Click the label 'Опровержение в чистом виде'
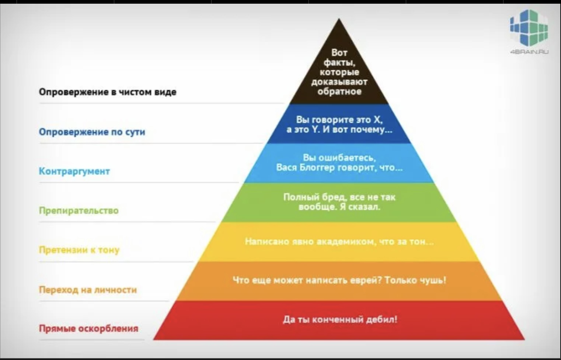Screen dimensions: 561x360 pos(108,92)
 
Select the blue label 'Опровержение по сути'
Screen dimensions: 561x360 pos(92,132)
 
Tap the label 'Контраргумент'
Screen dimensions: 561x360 pos(74,171)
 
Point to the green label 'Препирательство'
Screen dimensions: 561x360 pos(79,210)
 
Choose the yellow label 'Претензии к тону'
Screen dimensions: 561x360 pos(79,250)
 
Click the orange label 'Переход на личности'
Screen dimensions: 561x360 pos(88,290)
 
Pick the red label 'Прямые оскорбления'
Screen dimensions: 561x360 pos(89,328)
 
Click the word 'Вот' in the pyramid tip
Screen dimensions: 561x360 pos(339,53)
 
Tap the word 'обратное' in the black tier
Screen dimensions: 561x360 pos(339,91)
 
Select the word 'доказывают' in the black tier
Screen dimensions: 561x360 pos(339,82)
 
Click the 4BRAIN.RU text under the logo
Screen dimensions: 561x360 pos(529,52)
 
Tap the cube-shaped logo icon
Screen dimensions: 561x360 pos(529,28)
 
